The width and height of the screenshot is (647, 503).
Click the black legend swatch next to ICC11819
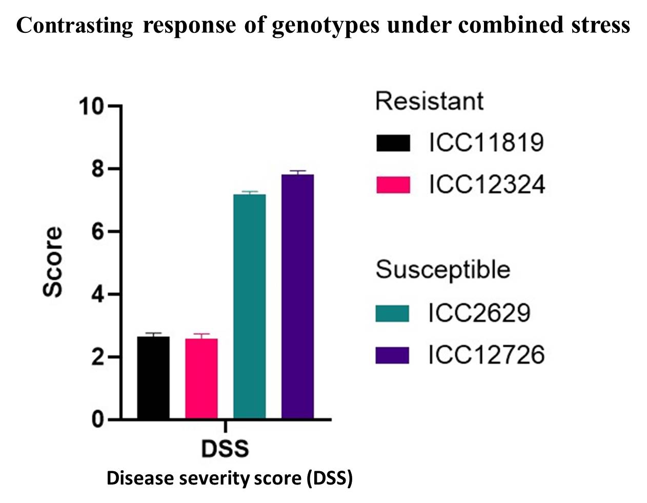click(x=393, y=143)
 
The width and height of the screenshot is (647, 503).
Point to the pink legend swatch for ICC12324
click(x=393, y=185)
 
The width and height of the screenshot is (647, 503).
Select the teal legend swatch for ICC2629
click(x=392, y=313)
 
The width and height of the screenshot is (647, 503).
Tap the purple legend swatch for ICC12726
click(x=392, y=355)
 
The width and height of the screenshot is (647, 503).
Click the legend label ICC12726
click(x=486, y=355)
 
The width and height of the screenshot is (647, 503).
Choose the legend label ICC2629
click(x=479, y=313)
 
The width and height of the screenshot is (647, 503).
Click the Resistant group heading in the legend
click(x=429, y=101)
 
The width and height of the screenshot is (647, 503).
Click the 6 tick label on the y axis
click(x=98, y=232)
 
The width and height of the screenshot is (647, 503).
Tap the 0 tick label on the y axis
click(x=98, y=420)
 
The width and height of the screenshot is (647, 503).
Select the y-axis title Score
click(x=52, y=262)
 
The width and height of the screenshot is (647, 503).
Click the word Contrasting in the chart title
click(x=74, y=25)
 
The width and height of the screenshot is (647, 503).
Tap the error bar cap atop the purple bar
click(x=297, y=171)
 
